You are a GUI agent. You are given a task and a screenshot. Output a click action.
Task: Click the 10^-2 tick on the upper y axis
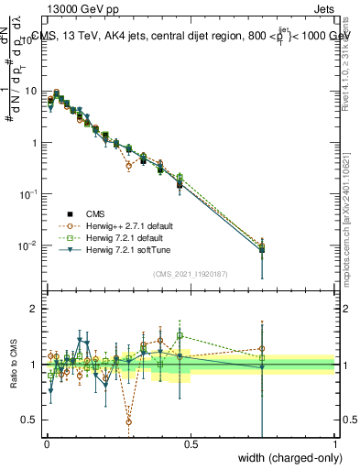point(30,245)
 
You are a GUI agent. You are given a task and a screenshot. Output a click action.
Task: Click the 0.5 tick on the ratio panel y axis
point(31,420)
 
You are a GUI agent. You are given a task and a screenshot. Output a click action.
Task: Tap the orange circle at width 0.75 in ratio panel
point(263,349)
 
